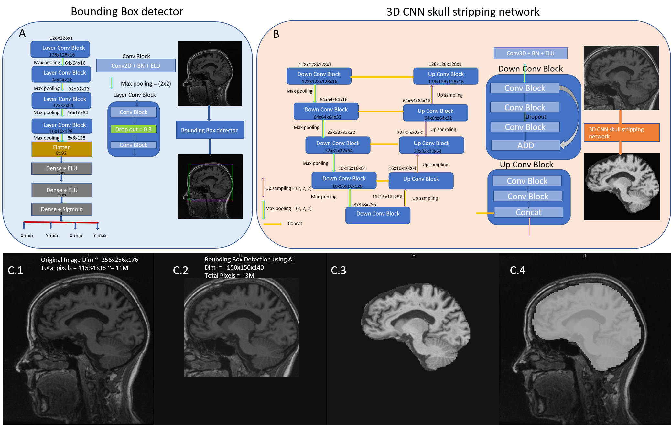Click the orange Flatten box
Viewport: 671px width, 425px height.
(x=61, y=149)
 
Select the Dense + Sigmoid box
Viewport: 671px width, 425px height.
(x=62, y=209)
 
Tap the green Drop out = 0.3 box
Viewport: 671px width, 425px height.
(x=133, y=129)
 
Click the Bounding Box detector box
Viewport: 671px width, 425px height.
(x=210, y=130)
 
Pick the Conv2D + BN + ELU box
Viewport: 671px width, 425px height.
(x=136, y=66)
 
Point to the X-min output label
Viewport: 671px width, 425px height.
(x=27, y=236)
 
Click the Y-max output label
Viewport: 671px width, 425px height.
(x=100, y=235)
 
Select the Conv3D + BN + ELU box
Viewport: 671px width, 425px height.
(x=530, y=53)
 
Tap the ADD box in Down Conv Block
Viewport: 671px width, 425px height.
(x=525, y=145)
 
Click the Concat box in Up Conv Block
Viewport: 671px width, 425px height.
(x=528, y=212)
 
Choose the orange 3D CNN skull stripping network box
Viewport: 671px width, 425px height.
(x=621, y=133)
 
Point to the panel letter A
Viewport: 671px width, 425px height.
(x=22, y=33)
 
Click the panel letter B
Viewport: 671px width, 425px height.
(x=276, y=34)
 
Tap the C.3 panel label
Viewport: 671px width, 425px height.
(x=338, y=270)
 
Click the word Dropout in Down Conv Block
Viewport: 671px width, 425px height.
(x=536, y=117)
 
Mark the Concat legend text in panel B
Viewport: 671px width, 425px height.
(x=295, y=223)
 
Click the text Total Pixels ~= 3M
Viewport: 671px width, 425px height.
(x=229, y=275)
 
